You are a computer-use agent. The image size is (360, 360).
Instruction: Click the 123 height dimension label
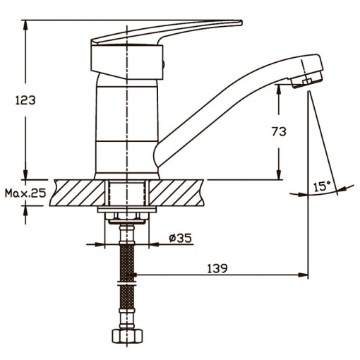pyautogui.click(x=25, y=100)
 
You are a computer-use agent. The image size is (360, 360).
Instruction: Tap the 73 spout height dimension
pyautogui.click(x=279, y=131)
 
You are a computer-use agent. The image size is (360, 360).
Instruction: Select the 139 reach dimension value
pyautogui.click(x=217, y=268)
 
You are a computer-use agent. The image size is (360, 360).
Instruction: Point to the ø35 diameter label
pyautogui.click(x=181, y=238)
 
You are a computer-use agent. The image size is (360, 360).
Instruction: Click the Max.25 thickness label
pyautogui.click(x=25, y=193)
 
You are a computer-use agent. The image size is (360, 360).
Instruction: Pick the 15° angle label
pyautogui.click(x=322, y=186)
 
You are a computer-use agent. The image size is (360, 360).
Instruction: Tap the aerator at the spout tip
pyautogui.click(x=306, y=80)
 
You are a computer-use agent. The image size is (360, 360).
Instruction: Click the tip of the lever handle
pyautogui.click(x=241, y=23)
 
